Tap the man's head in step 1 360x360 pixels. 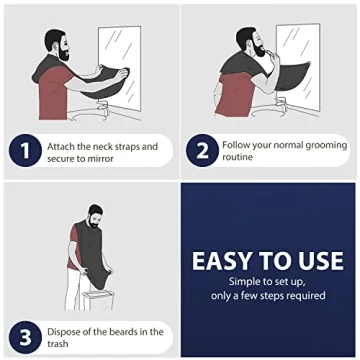[57, 44]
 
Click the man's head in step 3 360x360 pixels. [94, 213]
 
